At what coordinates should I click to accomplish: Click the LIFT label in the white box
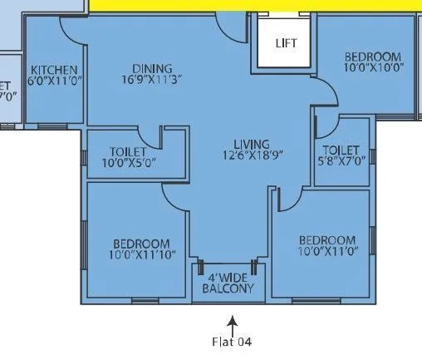[286, 42]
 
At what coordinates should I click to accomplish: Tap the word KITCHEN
[54, 70]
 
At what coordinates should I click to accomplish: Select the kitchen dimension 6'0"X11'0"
[54, 81]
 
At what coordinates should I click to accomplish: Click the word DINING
[151, 68]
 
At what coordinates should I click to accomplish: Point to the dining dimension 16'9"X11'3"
[151, 79]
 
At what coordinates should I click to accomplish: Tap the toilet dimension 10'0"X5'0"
[128, 164]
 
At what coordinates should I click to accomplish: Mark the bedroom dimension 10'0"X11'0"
[327, 252]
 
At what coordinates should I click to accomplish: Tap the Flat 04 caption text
[232, 341]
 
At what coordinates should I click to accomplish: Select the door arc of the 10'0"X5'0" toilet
[150, 136]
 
